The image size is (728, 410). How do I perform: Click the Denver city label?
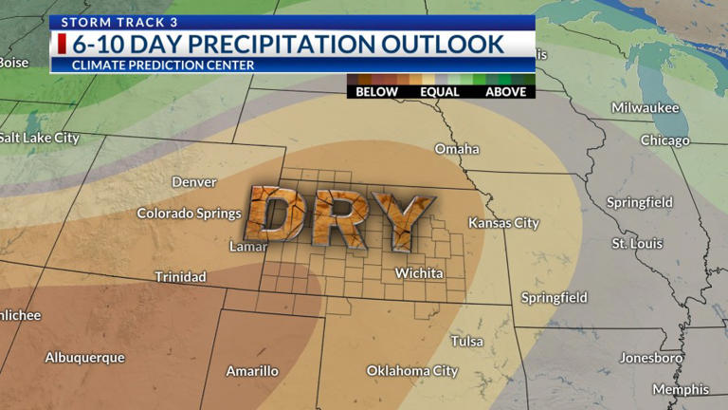click(x=194, y=182)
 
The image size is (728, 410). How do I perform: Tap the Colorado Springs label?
click(x=190, y=214)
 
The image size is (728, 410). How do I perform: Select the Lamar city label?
click(x=248, y=247)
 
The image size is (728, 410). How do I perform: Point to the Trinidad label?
click(x=181, y=277)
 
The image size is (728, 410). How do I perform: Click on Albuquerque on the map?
click(x=84, y=358)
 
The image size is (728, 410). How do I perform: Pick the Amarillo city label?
click(x=252, y=371)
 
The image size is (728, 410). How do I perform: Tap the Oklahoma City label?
click(x=412, y=371)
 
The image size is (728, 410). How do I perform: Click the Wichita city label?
click(x=419, y=273)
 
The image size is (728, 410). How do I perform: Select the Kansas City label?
click(x=503, y=223)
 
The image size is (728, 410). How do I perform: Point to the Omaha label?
click(x=457, y=149)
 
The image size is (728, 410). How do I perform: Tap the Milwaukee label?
click(x=645, y=108)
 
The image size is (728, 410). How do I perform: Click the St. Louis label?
click(x=635, y=244)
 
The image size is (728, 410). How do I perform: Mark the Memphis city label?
click(x=680, y=390)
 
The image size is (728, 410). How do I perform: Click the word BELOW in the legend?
click(x=376, y=92)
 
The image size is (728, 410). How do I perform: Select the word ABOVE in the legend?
click(x=505, y=92)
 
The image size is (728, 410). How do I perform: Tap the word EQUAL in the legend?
click(x=441, y=92)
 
